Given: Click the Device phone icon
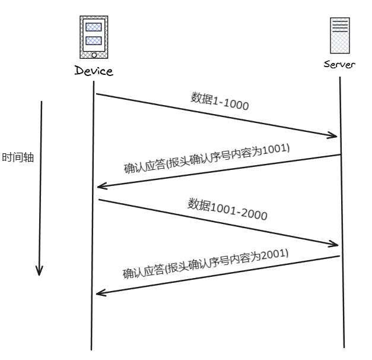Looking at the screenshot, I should (94, 37).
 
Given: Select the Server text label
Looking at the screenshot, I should (339, 64).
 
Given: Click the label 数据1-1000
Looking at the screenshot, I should (219, 102).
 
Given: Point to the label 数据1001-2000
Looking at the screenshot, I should (227, 209).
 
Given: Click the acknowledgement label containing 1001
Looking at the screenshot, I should (206, 157).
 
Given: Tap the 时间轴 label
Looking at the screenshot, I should (18, 159).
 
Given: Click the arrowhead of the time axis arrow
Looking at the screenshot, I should (39, 271).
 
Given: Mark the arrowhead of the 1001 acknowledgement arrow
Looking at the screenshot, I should (100, 186).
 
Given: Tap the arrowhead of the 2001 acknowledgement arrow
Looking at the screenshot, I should (100, 292).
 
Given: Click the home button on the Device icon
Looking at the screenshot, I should (94, 55).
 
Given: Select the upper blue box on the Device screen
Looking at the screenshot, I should (94, 27).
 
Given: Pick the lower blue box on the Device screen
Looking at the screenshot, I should (94, 41).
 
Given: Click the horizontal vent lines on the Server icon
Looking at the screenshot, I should (339, 25).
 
